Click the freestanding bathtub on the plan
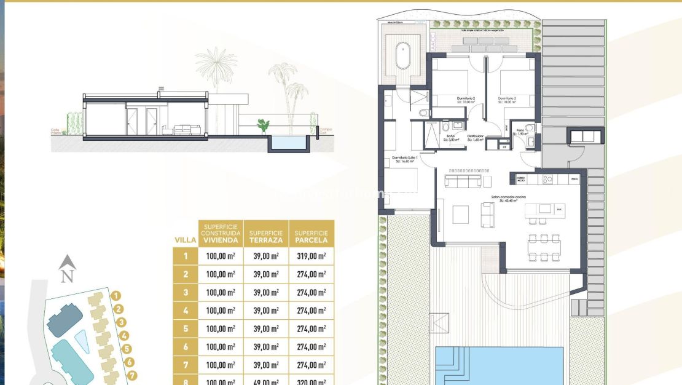point(404,55)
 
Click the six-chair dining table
point(545,248)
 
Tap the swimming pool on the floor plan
point(500,366)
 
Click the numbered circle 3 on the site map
point(122,322)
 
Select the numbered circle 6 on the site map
point(130,362)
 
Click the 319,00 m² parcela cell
point(311,256)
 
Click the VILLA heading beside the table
point(185,240)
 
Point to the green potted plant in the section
point(264,126)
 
